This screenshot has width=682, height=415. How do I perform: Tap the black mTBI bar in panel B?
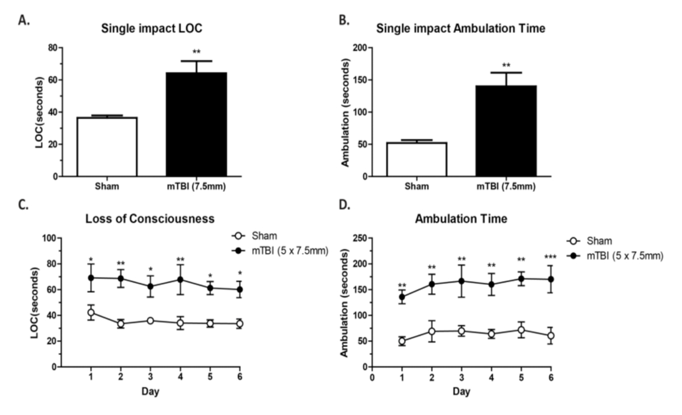pyautogui.click(x=506, y=131)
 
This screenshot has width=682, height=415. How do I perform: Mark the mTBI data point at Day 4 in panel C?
pyautogui.click(x=180, y=280)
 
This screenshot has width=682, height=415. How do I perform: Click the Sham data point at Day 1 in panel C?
pyautogui.click(x=90, y=313)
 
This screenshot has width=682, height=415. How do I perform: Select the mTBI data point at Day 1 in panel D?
pyautogui.click(x=402, y=297)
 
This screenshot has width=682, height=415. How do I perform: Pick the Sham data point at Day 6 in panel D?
pyautogui.click(x=551, y=336)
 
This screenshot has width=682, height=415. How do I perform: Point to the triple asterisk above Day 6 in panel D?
pyautogui.click(x=551, y=257)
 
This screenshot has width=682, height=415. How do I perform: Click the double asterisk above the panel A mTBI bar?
pyautogui.click(x=197, y=52)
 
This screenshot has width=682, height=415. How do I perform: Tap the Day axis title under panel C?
pyautogui.click(x=150, y=392)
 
